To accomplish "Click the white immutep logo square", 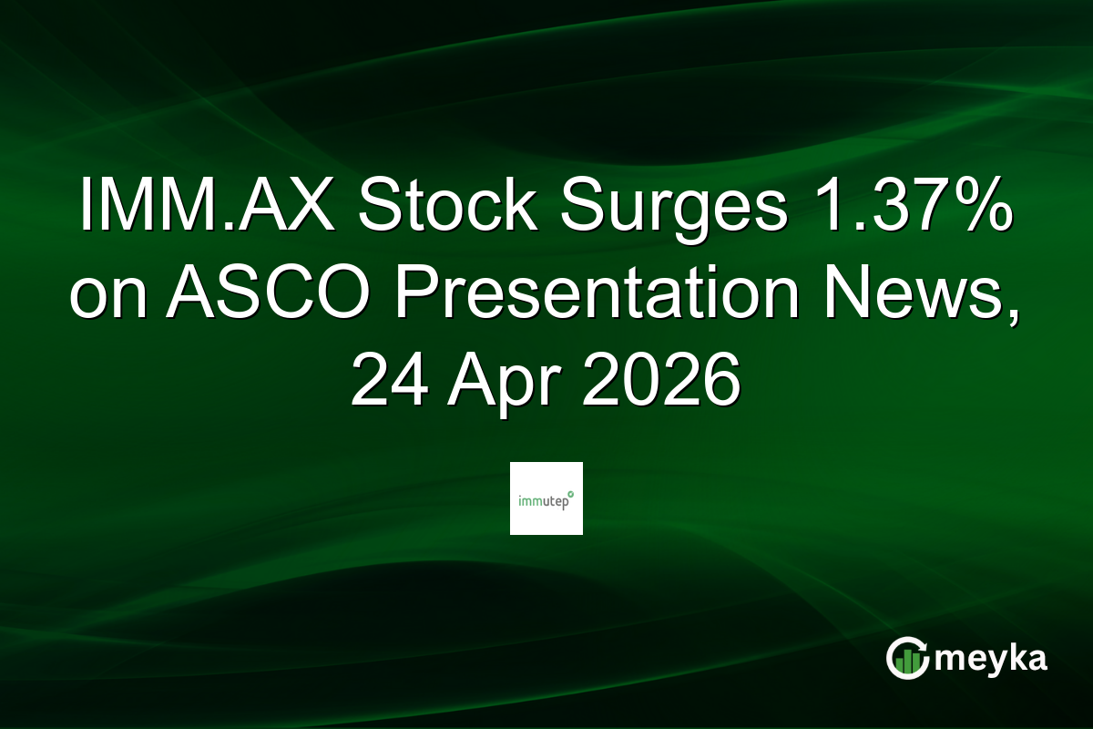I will click(546, 498).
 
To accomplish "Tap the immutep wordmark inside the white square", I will click(544, 500).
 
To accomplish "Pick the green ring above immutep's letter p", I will click(571, 493).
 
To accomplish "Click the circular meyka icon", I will click(908, 658).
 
